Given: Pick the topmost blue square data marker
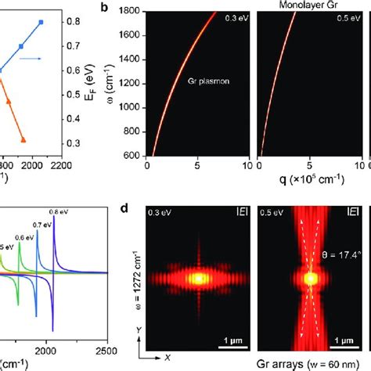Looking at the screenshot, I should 63,23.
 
